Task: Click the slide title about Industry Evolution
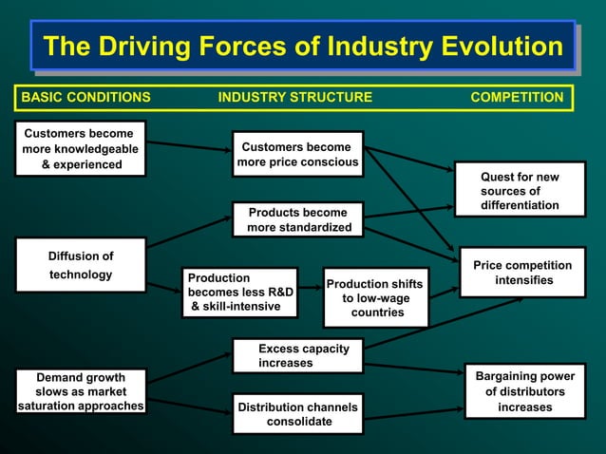tap(303, 46)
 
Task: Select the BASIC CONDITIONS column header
tap(85, 97)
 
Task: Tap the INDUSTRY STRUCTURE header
tap(294, 97)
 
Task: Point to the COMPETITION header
tap(517, 97)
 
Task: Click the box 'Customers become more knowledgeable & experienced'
tap(81, 149)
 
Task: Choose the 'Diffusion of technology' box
tap(81, 266)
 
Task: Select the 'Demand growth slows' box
tap(81, 391)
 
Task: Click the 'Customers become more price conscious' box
tap(298, 155)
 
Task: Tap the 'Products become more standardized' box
tap(298, 219)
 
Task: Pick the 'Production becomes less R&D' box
tap(240, 293)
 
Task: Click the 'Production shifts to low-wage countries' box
tap(376, 297)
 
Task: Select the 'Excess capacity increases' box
tap(298, 355)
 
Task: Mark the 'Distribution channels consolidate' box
tap(298, 414)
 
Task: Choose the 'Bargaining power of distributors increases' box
tap(524, 391)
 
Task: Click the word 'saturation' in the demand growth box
tap(47, 407)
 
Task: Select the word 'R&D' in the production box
tap(275, 293)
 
